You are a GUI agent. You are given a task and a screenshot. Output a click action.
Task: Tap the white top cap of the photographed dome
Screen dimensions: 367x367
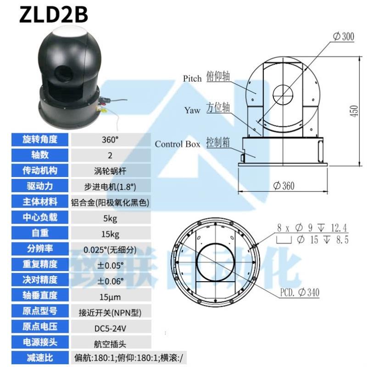coord(68,33)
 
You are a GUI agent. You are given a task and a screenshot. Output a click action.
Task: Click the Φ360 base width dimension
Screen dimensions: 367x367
coord(284,186)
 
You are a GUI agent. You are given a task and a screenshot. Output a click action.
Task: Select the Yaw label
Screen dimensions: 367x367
coord(192,110)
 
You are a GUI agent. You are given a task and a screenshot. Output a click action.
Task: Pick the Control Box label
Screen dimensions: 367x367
coord(177,144)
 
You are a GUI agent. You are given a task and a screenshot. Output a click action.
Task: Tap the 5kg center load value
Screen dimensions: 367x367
coord(110,217)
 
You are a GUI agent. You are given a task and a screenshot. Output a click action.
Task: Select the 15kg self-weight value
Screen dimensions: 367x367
coord(110,233)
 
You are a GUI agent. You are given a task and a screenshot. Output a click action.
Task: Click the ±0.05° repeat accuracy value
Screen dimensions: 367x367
coord(110,264)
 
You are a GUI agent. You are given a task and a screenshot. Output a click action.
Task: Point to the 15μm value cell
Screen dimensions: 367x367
coord(110,295)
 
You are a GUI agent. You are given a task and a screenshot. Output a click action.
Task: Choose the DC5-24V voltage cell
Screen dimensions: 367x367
coord(110,327)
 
